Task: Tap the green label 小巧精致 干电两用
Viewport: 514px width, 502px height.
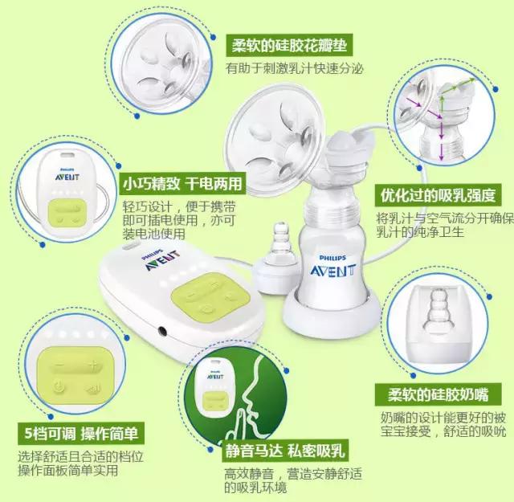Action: click(x=181, y=182)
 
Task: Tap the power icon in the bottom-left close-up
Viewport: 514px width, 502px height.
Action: click(x=59, y=388)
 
